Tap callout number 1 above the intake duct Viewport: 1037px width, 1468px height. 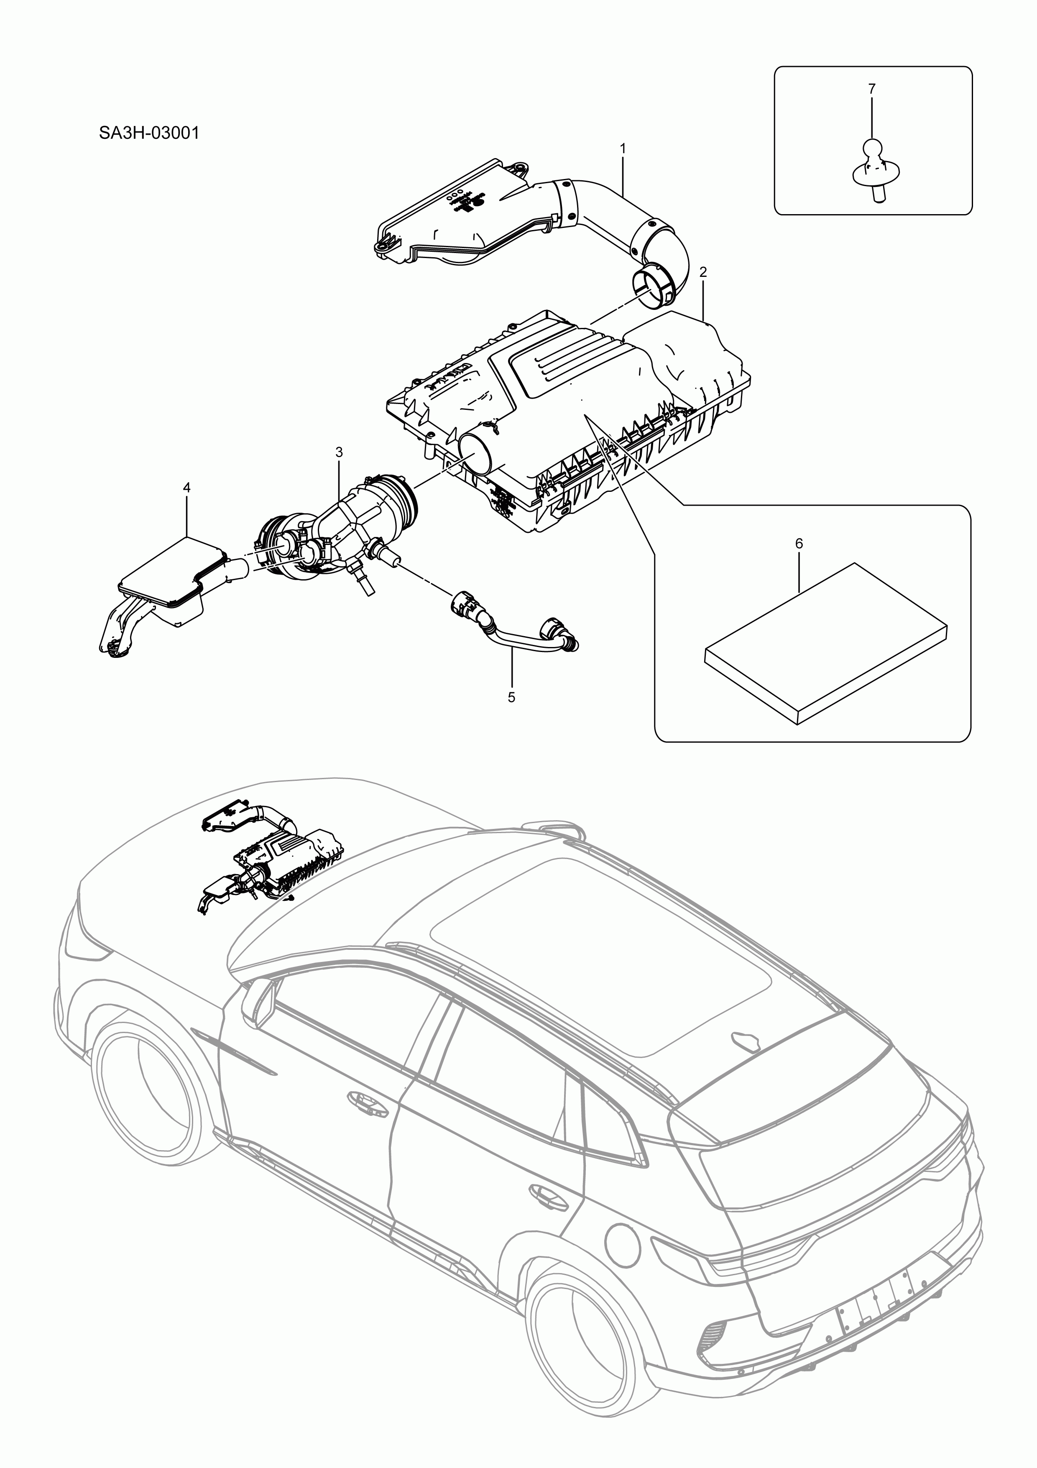(x=623, y=148)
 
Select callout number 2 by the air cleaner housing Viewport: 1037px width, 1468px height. (x=703, y=272)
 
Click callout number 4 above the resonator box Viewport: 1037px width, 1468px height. (x=186, y=487)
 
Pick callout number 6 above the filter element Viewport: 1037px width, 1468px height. (x=799, y=543)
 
